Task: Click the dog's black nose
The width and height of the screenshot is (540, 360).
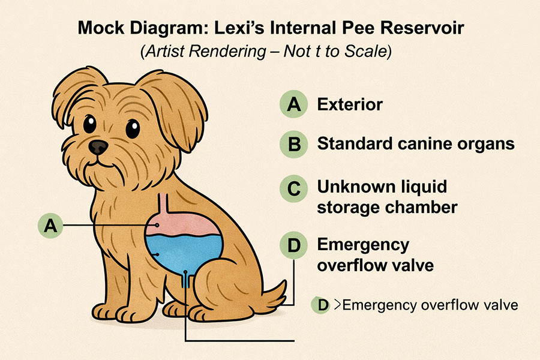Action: tap(98, 147)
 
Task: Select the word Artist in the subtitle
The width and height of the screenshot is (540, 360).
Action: tap(165, 52)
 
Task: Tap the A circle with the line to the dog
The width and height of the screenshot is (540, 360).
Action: tap(50, 226)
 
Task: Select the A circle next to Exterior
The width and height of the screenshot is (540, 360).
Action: tap(293, 104)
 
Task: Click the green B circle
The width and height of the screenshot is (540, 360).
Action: tap(293, 145)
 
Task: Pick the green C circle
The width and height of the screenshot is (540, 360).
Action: tap(293, 188)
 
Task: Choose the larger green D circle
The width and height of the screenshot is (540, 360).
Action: tap(293, 245)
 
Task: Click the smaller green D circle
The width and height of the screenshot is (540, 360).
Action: tap(321, 305)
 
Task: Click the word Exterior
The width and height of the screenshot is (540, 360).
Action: tap(350, 104)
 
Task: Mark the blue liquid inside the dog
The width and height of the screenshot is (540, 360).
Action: tap(184, 252)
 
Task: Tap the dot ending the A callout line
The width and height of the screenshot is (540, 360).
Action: tap(157, 225)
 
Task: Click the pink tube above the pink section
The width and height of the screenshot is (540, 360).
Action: tap(164, 203)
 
